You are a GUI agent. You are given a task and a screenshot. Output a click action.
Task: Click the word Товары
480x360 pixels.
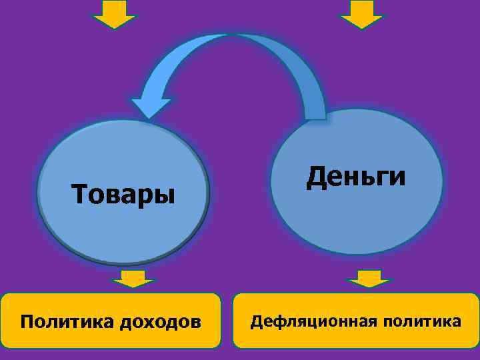point(123,195)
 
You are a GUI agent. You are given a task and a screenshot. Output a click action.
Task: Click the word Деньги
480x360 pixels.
point(356,177)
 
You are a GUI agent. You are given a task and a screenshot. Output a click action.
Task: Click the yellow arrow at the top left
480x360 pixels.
point(114,14)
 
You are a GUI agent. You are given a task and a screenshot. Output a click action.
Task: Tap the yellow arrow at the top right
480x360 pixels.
point(361,14)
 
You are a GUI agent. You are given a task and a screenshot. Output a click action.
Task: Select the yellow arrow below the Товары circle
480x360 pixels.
point(133,279)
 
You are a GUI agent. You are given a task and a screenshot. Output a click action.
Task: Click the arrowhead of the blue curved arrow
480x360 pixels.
point(150,107)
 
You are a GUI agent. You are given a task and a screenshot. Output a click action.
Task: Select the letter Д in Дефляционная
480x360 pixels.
point(256,322)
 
